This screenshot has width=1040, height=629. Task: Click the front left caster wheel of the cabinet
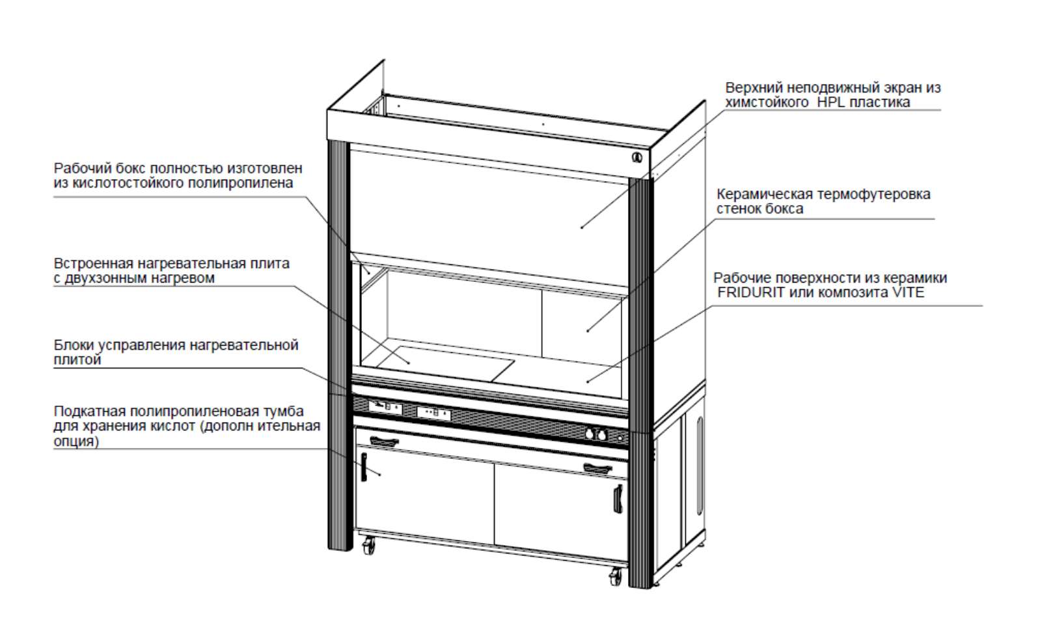pyautogui.click(x=369, y=545)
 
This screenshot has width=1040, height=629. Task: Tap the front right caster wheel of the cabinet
pyautogui.click(x=615, y=576)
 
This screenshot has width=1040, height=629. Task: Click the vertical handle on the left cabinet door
pyautogui.click(x=364, y=467)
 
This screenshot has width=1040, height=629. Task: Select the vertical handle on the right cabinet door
pyautogui.click(x=617, y=498)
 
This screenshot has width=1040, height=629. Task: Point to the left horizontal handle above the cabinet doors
pyautogui.click(x=383, y=442)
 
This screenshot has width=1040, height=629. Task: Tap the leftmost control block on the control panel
pyautogui.click(x=385, y=408)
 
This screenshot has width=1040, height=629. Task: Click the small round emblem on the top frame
pyautogui.click(x=637, y=156)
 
